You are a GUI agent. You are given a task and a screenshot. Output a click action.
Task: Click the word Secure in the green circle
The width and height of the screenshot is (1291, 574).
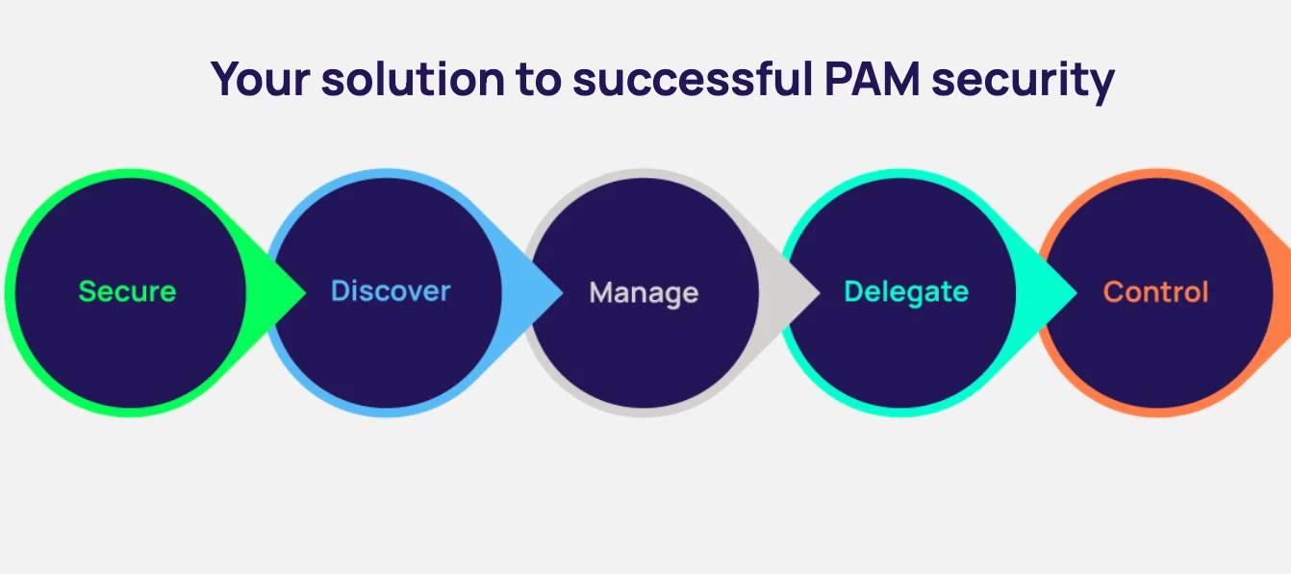click(127, 291)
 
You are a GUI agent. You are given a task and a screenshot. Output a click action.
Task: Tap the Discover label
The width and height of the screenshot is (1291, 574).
click(390, 291)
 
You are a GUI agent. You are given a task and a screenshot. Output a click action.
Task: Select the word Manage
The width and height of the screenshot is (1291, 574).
click(644, 292)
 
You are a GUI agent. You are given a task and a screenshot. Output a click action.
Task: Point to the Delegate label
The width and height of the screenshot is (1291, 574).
click(906, 291)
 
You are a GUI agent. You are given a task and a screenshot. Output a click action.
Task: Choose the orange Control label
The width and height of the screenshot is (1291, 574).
click(1155, 292)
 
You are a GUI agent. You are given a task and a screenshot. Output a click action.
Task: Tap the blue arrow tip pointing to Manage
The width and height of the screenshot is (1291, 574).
click(553, 292)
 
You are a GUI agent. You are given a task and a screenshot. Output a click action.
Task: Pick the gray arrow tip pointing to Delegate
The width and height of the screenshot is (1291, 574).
click(811, 292)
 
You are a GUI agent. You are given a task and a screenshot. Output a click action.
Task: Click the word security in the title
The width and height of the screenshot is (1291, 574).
click(1033, 79)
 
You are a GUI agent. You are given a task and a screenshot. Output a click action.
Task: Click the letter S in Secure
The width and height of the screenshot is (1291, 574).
click(86, 291)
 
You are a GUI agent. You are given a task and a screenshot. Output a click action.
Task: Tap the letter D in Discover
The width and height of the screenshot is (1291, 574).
click(339, 291)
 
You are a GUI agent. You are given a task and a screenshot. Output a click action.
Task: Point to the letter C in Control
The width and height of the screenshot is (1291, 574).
click(1112, 292)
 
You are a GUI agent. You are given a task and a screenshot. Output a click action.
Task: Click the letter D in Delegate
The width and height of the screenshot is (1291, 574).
click(852, 291)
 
